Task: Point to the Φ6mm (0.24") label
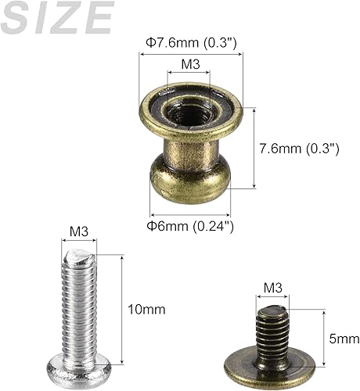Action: click(192, 226)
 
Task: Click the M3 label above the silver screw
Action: click(78, 231)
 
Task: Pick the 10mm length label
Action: click(146, 309)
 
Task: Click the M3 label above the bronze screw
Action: click(272, 287)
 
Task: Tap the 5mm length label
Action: click(344, 339)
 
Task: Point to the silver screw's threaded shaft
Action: click(79, 305)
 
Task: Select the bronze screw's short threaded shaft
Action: click(272, 328)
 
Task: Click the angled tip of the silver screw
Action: click(79, 256)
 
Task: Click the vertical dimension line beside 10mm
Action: click(122, 309)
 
